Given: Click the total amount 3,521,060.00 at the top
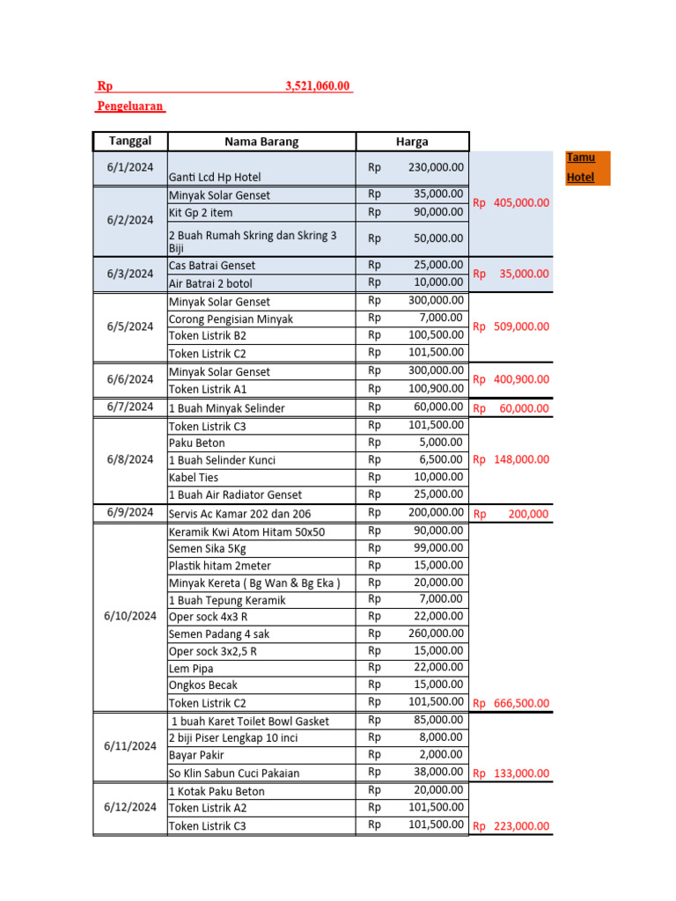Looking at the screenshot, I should pos(317,86).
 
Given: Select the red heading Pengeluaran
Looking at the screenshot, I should pos(129,106).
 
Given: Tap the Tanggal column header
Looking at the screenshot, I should pos(130,141).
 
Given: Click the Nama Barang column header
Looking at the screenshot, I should pos(261,142).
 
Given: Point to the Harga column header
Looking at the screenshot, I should pos(412,142).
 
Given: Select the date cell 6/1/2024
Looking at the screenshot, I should pos(130,167).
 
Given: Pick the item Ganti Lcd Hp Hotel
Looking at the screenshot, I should pos(215,177).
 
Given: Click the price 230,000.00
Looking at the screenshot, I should pos(436,167).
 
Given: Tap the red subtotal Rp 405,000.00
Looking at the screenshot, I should pos(511,202).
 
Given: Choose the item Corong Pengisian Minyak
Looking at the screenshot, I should pos(231,319).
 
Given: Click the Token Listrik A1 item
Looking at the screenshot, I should pos(208,389).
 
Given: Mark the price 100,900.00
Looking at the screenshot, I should pos(436,388).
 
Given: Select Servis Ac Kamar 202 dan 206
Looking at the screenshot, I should pos(239,513).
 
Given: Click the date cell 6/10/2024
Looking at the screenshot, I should pos(130,616).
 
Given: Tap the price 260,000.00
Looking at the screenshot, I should pos(436,633).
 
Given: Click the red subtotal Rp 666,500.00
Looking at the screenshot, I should pos(511,703).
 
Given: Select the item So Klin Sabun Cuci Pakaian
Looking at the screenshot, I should pos(234,773).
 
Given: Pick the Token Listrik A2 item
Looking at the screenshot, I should pos(208,808).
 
